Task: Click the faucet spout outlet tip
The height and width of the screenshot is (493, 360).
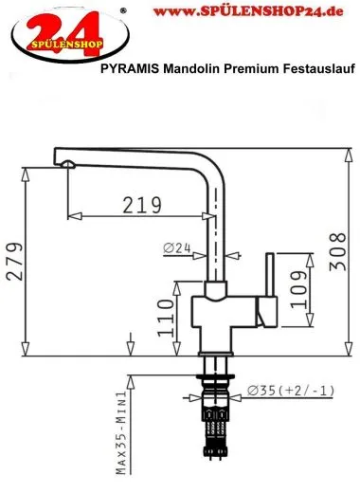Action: [67, 167]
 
